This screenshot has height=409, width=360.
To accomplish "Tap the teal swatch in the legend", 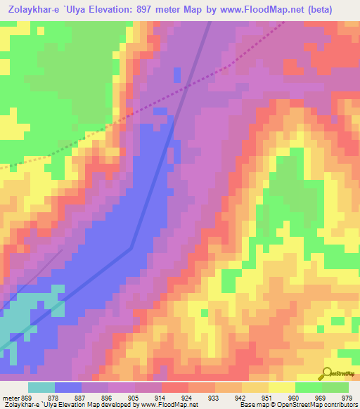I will tap(41, 387).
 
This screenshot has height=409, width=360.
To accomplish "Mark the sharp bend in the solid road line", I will tap(131, 247).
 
